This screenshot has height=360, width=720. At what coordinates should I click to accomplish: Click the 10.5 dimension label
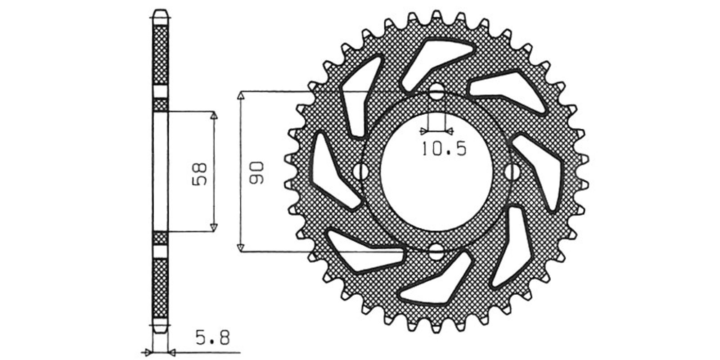pyautogui.click(x=444, y=149)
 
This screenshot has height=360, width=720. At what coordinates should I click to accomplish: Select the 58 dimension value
pyautogui.click(x=199, y=174)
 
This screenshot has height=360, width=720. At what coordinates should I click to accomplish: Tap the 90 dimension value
pyautogui.click(x=256, y=173)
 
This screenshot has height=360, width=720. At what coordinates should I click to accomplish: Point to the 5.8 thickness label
pyautogui.click(x=213, y=338)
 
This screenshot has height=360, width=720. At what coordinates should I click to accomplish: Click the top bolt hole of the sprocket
pyautogui.click(x=436, y=91)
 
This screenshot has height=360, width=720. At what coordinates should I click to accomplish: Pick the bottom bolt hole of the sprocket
pyautogui.click(x=436, y=252)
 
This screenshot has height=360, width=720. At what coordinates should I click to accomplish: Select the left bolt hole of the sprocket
pyautogui.click(x=360, y=172)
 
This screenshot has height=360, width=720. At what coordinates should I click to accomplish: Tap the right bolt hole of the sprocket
pyautogui.click(x=512, y=172)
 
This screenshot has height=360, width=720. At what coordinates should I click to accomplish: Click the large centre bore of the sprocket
pyautogui.click(x=436, y=172)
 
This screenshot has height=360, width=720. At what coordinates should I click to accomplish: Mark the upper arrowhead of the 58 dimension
pyautogui.click(x=214, y=116)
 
